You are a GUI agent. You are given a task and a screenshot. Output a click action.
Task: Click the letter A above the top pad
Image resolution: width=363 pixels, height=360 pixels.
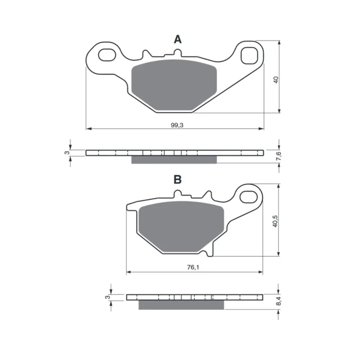click(x=177, y=39)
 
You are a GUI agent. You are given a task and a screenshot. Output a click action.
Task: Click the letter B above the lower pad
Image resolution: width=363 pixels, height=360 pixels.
click(x=177, y=179)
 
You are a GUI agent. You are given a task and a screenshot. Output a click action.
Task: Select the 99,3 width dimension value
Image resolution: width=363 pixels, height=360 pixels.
click(x=177, y=125)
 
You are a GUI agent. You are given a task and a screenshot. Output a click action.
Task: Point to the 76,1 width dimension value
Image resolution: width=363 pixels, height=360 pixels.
click(x=193, y=267)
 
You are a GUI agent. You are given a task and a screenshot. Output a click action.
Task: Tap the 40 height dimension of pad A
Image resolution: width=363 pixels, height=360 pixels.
click(x=276, y=80)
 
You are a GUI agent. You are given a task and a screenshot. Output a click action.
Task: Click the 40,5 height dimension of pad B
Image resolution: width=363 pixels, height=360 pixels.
click(x=275, y=221)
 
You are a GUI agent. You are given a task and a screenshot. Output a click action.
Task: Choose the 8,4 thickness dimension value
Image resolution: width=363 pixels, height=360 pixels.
click(x=278, y=301)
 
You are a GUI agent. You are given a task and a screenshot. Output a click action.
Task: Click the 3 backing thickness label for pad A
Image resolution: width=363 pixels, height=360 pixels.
click(x=67, y=153)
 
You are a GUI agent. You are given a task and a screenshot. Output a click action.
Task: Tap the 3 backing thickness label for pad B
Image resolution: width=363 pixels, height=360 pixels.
click(x=107, y=297)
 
